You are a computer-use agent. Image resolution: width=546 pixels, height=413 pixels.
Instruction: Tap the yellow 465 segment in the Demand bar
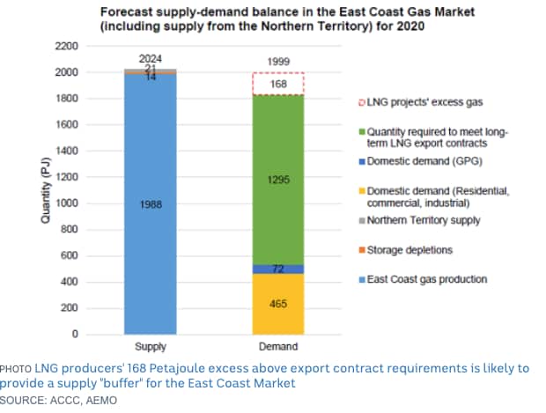277,304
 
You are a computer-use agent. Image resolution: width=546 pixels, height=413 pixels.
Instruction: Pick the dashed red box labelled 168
277,85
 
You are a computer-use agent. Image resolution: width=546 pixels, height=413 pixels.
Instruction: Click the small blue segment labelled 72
277,268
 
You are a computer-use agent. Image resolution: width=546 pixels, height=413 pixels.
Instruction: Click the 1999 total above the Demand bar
277,63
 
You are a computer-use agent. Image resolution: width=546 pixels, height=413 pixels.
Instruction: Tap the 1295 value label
277,179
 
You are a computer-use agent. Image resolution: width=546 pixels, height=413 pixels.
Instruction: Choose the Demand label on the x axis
277,347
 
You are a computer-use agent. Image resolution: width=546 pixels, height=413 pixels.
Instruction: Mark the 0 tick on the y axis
76,335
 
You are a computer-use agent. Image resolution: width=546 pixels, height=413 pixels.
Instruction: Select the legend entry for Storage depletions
409,250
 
